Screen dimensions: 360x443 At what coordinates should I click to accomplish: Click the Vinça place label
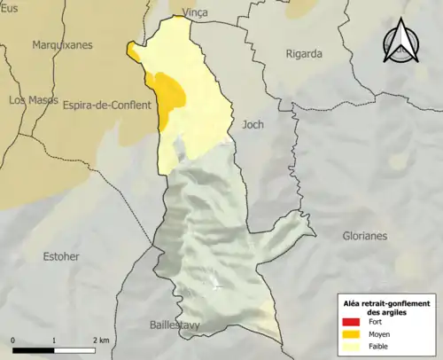pos(193,12)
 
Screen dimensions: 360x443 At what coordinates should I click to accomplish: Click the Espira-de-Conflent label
pos(106,106)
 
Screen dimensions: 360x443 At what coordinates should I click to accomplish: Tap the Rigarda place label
pos(304,54)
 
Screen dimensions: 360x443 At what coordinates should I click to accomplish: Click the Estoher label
pos(61,256)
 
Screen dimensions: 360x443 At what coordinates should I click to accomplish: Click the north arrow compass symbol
pos(400,42)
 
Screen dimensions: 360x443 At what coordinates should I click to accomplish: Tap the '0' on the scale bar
pos(13,340)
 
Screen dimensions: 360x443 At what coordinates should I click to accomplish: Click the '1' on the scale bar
pos(55,340)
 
